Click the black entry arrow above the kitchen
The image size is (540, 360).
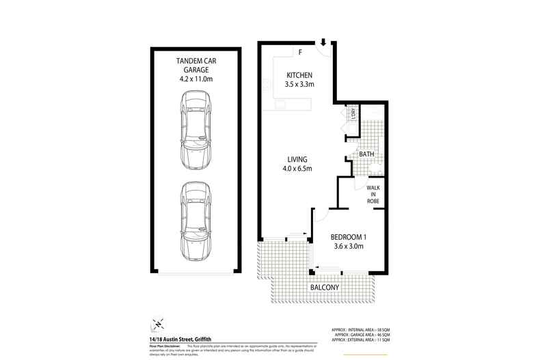pos(323,42)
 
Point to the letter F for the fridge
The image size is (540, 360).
pos(300,53)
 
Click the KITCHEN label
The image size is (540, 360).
pos(299,74)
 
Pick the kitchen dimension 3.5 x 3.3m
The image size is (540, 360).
pos(299,85)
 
